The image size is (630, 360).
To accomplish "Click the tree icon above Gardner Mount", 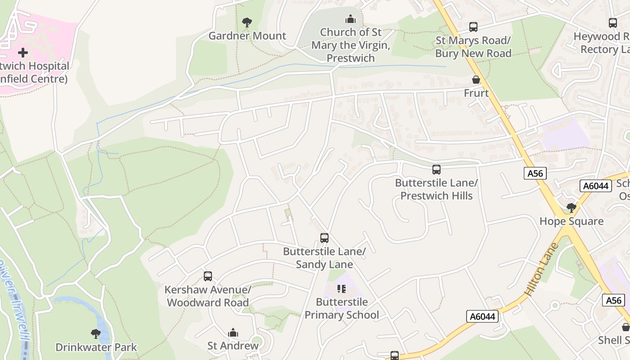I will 247,22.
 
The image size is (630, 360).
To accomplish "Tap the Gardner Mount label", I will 247,36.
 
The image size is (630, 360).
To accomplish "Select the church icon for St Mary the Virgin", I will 350,19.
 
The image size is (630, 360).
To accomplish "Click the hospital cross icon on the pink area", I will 22,53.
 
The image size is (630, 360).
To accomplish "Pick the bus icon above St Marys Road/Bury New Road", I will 473,27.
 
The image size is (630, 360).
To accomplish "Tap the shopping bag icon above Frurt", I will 476,80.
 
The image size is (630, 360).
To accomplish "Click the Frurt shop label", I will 476,93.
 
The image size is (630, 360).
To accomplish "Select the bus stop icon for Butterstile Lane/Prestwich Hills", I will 436,170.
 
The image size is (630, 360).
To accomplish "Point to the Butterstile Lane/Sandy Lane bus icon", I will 324,238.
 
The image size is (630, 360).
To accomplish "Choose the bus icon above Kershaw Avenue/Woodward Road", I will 207,276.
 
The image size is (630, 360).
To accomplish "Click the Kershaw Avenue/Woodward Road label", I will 207,296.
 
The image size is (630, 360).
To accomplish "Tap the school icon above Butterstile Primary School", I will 342,288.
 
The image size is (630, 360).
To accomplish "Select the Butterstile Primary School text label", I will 342,308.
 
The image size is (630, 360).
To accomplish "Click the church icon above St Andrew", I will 233,333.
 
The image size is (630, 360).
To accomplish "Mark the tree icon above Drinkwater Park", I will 95,334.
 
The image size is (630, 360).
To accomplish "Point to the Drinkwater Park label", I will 96,347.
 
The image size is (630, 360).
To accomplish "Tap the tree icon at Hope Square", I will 571,208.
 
